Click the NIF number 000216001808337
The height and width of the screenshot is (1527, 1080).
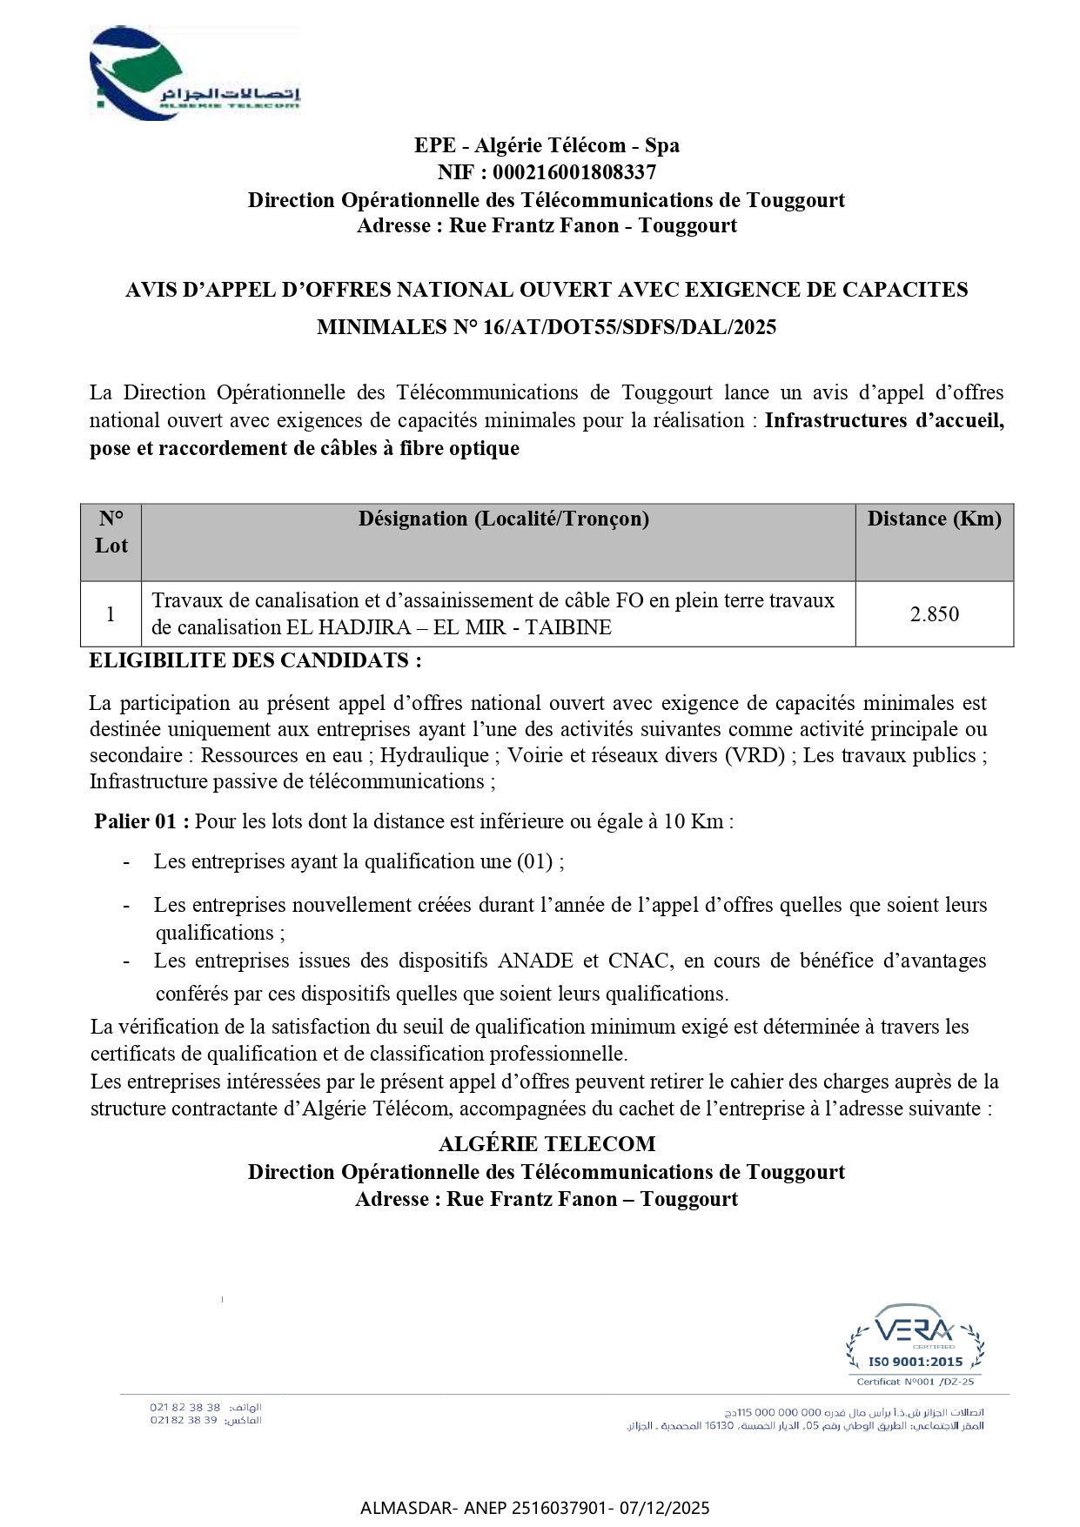coord(574,172)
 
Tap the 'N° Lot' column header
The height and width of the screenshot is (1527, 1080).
coord(111,532)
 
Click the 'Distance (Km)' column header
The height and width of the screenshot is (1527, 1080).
coord(934,519)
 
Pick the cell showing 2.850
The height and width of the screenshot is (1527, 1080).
coord(934,614)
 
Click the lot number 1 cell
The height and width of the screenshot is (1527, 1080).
coord(111,614)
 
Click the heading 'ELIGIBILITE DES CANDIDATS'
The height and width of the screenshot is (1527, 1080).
coord(255,660)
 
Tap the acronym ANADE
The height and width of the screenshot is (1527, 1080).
coord(535,961)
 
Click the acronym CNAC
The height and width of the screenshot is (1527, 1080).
coord(639,961)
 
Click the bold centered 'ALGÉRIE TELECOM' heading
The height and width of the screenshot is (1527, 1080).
coord(547,1144)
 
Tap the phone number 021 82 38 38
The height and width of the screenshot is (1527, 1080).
coord(184,1407)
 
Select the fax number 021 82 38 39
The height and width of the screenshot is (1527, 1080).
coord(184,1420)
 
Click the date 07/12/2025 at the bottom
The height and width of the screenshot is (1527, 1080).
coord(664,1508)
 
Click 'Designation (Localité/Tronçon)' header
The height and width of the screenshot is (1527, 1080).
coord(503,519)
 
